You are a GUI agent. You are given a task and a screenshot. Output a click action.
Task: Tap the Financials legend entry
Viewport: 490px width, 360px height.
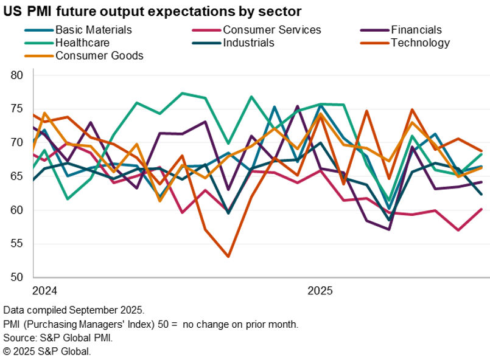coord(416,29)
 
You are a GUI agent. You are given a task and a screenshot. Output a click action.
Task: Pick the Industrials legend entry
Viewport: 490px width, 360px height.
coord(248,43)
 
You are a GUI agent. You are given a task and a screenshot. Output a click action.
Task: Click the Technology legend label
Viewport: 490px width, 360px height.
coord(421,43)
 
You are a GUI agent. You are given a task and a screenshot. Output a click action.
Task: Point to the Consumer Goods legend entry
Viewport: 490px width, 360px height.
coord(99,56)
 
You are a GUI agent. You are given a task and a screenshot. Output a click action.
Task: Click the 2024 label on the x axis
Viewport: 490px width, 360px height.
coord(44,291)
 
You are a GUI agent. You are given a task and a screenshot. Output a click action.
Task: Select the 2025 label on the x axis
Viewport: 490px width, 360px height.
coord(320,291)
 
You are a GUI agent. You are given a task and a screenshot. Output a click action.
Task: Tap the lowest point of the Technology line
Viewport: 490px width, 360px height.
coord(228,257)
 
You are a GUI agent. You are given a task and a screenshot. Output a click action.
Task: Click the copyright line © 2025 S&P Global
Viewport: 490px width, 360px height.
coord(46,351)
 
